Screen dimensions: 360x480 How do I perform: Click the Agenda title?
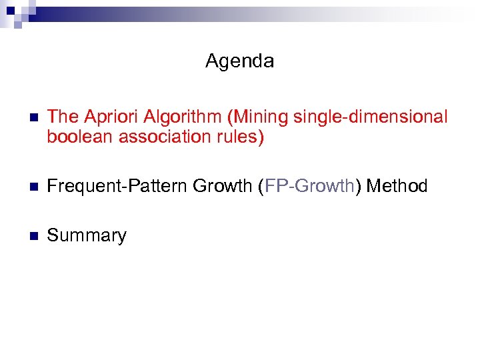coord(239,62)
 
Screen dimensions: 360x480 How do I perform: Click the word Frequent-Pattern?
coord(117,186)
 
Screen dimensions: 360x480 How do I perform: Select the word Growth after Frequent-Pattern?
coord(223,186)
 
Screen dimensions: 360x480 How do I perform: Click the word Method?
coord(397,186)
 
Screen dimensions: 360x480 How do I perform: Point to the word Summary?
coord(87,235)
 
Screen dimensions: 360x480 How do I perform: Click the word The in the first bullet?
coord(63,117)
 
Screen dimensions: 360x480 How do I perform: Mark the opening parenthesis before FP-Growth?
coord(261,186)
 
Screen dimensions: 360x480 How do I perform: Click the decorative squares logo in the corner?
coord(15,12)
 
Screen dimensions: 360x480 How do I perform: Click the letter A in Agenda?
coord(212,61)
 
